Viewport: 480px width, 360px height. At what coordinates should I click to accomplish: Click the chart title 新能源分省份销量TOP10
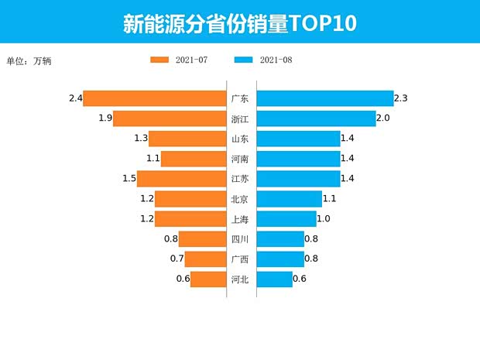point(239,23)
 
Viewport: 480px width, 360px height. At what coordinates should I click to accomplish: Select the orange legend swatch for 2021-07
point(159,60)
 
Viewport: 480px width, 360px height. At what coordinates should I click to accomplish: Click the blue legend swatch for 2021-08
point(243,60)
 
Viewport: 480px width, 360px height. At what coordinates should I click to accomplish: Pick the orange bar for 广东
point(155,98)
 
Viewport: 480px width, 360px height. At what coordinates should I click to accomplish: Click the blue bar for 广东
point(324,98)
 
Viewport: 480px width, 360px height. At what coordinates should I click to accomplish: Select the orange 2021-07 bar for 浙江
point(170,118)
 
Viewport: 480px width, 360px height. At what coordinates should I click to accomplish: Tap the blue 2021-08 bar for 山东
point(298,139)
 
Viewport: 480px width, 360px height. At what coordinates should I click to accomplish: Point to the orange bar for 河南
point(193,159)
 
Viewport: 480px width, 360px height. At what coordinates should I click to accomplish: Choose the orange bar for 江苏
point(181,179)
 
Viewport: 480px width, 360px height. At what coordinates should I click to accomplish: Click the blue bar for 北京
point(289,199)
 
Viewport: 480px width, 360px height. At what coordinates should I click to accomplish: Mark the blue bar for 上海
point(286,219)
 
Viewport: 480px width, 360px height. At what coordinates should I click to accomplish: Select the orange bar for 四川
point(202,239)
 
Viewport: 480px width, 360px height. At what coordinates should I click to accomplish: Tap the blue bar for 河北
point(274,279)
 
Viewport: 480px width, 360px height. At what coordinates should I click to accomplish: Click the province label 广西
point(240,259)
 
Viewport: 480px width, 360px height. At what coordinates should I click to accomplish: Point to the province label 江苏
point(240,179)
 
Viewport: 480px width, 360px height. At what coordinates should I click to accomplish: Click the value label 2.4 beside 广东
point(75,98)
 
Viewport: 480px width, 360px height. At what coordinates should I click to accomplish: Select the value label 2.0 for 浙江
point(382,118)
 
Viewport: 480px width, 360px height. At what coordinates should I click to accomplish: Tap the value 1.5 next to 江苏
point(129,179)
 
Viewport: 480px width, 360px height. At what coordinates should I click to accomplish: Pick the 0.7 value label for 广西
point(177,259)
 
